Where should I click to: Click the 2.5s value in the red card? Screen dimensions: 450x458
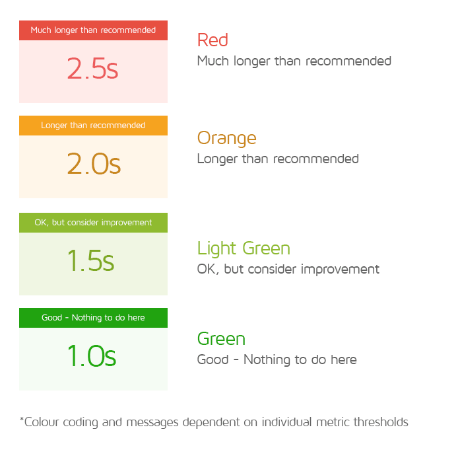click(x=92, y=69)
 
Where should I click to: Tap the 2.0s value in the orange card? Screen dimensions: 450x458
click(x=94, y=164)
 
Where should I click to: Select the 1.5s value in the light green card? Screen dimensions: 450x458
click(x=91, y=261)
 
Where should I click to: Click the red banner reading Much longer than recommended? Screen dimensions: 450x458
click(x=93, y=30)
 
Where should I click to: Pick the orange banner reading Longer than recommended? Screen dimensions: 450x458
click(x=93, y=126)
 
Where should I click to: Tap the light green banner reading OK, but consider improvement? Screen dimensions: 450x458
click(x=93, y=223)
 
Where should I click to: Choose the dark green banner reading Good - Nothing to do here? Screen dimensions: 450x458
click(x=93, y=318)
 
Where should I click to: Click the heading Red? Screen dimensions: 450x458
click(x=213, y=40)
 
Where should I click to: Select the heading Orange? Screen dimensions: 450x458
click(x=226, y=138)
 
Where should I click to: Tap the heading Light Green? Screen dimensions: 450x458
click(x=244, y=248)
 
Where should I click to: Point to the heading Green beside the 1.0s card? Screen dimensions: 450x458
click(x=221, y=339)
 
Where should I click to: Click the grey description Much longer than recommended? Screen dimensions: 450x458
click(x=294, y=61)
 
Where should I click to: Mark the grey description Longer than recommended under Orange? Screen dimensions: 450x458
click(x=278, y=159)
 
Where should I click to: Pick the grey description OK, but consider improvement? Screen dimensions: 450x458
click(x=288, y=270)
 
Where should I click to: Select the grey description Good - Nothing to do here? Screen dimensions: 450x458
click(x=277, y=360)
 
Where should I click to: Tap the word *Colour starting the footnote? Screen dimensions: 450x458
click(x=41, y=422)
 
